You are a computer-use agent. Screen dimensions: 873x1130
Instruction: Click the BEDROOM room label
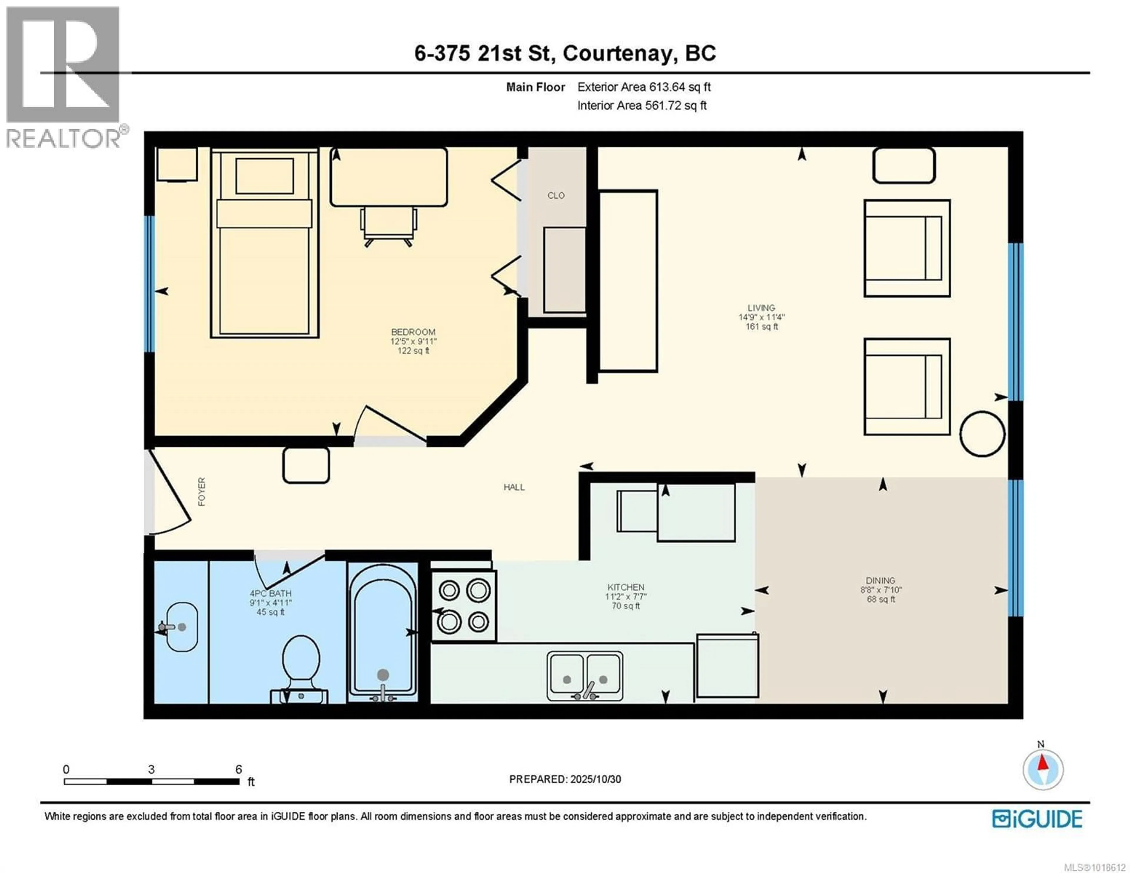(413, 332)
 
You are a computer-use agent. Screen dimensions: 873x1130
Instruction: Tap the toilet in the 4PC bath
(301, 659)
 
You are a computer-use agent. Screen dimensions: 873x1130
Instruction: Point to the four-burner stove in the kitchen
(463, 606)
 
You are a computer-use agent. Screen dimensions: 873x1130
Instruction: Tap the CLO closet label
(556, 196)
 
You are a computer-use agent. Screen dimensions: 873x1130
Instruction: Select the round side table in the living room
(982, 434)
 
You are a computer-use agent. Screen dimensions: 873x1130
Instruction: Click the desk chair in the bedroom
(388, 225)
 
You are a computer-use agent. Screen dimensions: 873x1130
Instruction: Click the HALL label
(514, 487)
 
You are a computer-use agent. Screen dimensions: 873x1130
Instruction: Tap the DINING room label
(880, 580)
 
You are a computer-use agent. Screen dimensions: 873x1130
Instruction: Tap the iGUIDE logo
(1037, 819)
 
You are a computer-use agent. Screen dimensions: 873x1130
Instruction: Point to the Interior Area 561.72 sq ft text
(642, 106)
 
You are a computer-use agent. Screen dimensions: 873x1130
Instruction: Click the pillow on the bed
(264, 176)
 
